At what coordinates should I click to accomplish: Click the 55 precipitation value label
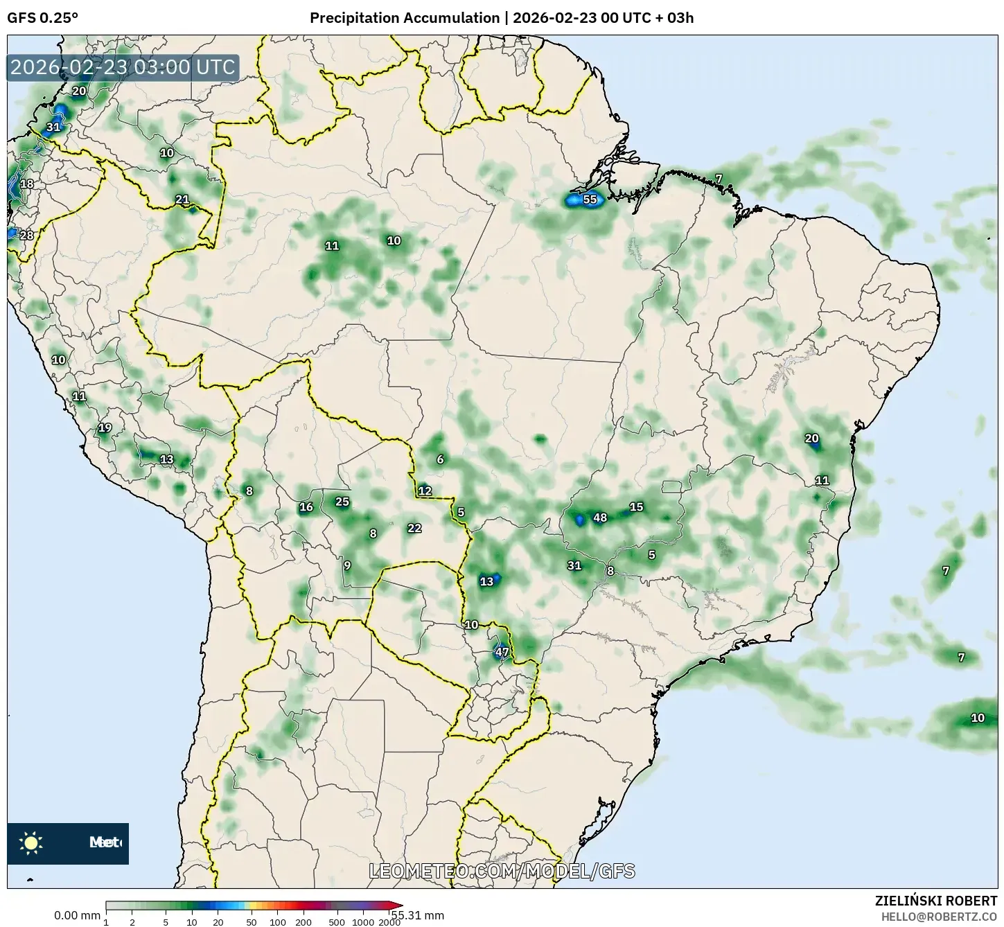590,200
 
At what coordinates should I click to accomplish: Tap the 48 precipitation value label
600,518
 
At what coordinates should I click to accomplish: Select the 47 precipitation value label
502,652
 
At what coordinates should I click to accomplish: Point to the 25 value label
342,502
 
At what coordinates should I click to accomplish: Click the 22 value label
414,528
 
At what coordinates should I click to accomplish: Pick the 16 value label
306,507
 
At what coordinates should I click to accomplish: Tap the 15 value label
636,507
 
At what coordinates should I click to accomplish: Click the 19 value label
105,427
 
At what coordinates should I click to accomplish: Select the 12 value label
425,491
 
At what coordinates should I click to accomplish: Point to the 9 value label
347,565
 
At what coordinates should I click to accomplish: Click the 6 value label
440,459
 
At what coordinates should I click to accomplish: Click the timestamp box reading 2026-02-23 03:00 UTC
123,67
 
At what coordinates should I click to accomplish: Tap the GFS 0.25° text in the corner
42,18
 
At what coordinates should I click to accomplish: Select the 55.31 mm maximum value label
418,915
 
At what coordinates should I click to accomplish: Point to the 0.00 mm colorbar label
76,915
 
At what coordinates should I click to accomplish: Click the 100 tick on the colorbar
277,922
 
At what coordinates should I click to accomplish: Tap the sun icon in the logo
31,843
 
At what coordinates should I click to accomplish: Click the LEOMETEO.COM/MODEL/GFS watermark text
502,871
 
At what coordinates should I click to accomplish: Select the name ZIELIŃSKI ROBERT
935,901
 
